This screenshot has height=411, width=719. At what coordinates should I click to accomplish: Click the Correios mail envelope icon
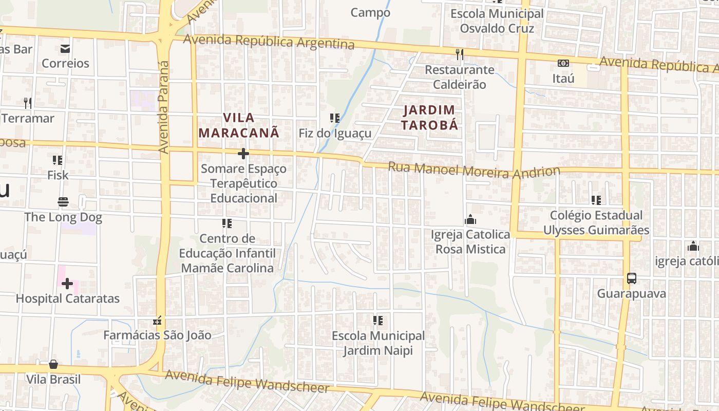click(x=65, y=49)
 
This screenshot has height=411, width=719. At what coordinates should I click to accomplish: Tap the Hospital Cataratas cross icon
click(x=67, y=284)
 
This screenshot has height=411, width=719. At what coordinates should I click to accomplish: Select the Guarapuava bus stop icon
click(x=632, y=278)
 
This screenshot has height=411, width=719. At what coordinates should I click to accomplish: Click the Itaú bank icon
click(x=563, y=63)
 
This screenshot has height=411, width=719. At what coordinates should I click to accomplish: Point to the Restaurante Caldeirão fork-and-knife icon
click(x=460, y=53)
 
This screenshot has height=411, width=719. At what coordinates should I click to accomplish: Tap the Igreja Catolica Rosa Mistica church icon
click(x=470, y=220)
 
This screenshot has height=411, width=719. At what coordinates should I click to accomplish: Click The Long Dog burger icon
click(x=63, y=202)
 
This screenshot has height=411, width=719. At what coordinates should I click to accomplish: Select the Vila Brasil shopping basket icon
click(x=53, y=364)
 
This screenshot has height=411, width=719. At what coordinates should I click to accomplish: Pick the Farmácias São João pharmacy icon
click(x=157, y=321)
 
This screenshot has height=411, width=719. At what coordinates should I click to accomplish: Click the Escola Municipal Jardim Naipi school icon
click(x=378, y=321)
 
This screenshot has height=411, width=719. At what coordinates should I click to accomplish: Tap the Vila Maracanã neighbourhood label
click(x=239, y=125)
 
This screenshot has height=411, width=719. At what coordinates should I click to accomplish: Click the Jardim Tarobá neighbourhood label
click(x=429, y=117)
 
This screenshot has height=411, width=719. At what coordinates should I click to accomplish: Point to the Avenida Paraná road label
click(x=164, y=107)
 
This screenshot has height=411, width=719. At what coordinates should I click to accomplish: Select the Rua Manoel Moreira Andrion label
click(x=474, y=170)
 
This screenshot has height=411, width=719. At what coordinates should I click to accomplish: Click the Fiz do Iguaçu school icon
click(x=335, y=118)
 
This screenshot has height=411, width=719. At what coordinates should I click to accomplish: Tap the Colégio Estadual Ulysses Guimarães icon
click(x=596, y=200)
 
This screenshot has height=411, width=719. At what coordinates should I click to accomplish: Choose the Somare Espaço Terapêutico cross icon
click(x=243, y=154)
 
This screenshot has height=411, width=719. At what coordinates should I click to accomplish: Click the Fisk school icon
click(x=58, y=160)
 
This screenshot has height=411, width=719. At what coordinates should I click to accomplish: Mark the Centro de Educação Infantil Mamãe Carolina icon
click(x=227, y=223)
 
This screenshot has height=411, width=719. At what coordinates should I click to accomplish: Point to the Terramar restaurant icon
click(x=28, y=103)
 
